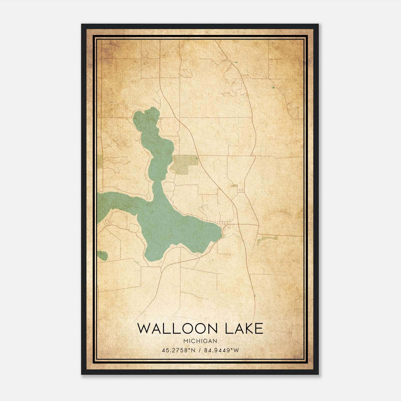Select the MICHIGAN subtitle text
tap(200, 341)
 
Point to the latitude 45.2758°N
tap(178, 350)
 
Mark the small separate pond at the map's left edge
tap(103, 255)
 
